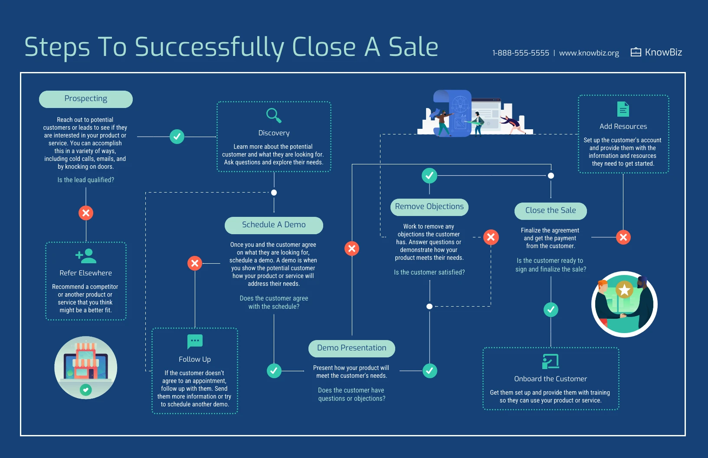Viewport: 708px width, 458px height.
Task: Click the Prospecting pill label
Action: point(86,99)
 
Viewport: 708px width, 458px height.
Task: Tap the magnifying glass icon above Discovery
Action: point(274,115)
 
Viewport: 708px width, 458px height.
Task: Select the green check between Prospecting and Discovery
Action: point(177,137)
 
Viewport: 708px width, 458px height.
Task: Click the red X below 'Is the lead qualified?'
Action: point(86,213)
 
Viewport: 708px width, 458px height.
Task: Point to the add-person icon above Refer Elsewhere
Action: point(86,256)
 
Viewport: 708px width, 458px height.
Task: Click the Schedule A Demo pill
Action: point(274,225)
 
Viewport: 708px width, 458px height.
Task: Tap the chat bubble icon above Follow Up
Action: point(195,341)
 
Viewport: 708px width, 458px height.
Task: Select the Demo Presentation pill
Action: point(351,348)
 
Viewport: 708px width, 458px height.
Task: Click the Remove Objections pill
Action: point(429,207)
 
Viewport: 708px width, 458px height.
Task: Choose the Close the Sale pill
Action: point(551,211)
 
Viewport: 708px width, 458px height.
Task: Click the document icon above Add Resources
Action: point(623,109)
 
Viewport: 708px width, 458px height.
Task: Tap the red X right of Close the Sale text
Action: point(623,237)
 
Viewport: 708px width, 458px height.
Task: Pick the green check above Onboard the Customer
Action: point(551,310)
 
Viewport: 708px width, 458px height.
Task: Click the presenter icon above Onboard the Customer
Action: point(551,361)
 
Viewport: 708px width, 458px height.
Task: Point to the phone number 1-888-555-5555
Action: point(521,53)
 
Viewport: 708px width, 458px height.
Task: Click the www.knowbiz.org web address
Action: point(589,53)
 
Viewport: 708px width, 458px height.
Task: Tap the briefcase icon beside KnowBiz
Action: point(636,52)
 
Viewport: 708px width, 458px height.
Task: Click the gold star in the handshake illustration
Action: point(624,290)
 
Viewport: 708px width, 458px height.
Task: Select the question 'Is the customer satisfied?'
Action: point(429,272)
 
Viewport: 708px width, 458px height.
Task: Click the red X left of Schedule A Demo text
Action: point(195,263)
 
